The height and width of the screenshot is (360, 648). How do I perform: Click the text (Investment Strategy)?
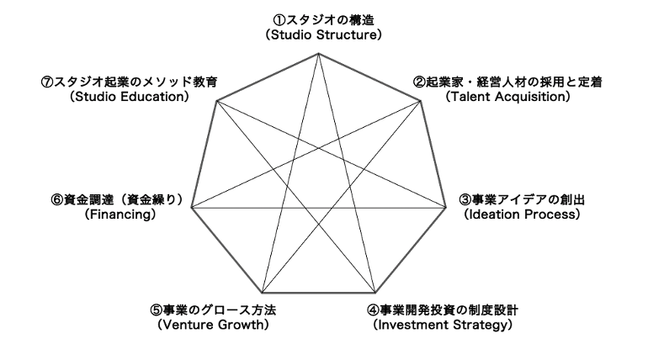443,324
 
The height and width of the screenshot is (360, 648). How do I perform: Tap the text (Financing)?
120,214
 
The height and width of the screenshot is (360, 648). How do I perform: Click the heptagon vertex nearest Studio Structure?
320,53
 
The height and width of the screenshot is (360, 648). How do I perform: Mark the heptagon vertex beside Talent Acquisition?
420,101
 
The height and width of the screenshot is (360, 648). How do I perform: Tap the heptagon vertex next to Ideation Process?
445,208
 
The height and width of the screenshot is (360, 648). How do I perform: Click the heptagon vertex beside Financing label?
194,208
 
